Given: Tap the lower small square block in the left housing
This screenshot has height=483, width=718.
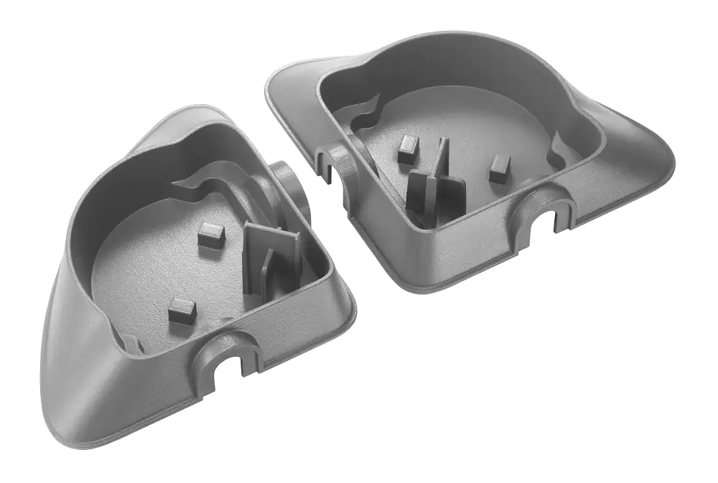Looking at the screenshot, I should (x=182, y=311).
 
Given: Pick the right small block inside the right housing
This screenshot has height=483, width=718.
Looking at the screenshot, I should (x=500, y=167).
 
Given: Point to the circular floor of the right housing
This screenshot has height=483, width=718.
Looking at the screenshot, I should (x=460, y=129).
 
